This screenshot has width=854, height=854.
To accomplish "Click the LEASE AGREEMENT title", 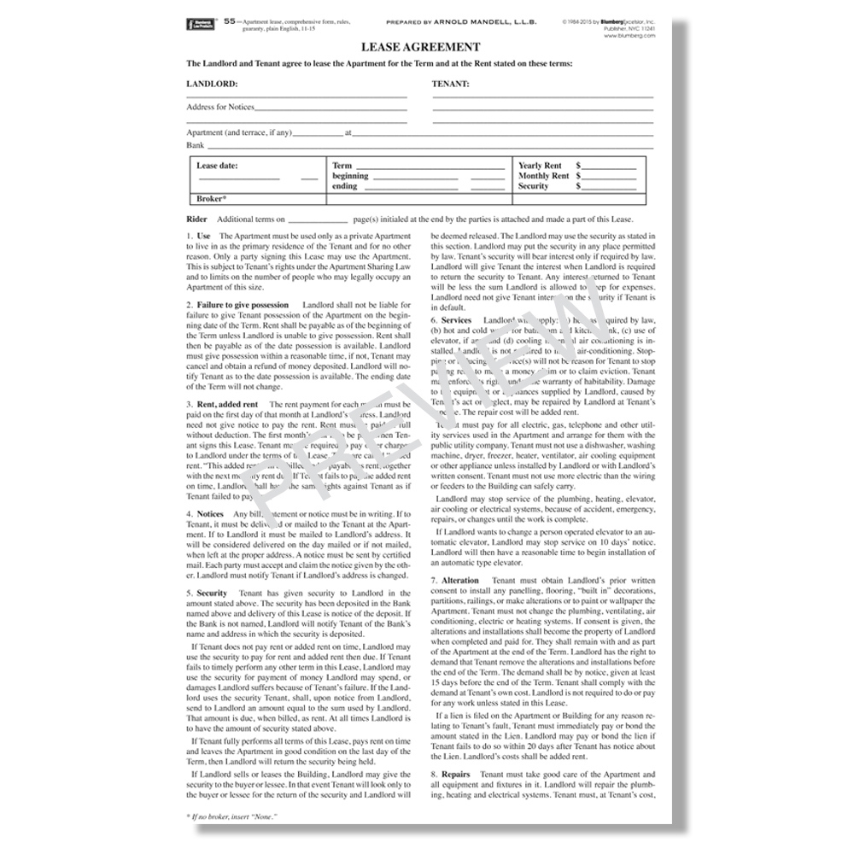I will pyautogui.click(x=420, y=47).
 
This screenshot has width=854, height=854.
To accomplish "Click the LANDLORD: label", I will pyautogui.click(x=212, y=84).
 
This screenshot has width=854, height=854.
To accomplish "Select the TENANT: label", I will pyautogui.click(x=450, y=84).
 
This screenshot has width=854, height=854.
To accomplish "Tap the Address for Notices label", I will pyautogui.click(x=219, y=107).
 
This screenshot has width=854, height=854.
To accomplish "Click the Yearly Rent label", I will pyautogui.click(x=540, y=166).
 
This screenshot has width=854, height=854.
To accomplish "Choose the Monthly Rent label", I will pyautogui.click(x=543, y=176).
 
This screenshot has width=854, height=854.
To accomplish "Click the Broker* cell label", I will pyautogui.click(x=211, y=199).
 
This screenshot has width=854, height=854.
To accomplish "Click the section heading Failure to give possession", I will pyautogui.click(x=243, y=305).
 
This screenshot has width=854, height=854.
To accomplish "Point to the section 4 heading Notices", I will pyautogui.click(x=210, y=514).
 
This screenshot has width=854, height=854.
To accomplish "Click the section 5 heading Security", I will pyautogui.click(x=212, y=593).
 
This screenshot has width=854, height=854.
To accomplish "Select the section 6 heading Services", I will pyautogui.click(x=456, y=319).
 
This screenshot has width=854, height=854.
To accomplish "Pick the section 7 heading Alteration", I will pyautogui.click(x=460, y=581).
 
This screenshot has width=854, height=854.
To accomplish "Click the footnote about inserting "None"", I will pyautogui.click(x=231, y=816).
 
